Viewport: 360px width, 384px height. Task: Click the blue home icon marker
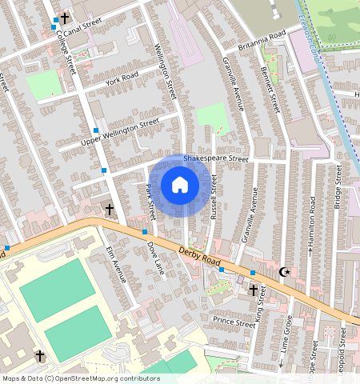click(x=179, y=186)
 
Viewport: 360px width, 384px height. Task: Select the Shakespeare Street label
click(x=216, y=159)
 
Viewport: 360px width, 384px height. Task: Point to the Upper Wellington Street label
click(x=121, y=133)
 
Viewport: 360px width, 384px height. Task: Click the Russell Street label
click(x=214, y=195)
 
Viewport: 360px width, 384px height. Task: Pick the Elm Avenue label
click(x=117, y=265)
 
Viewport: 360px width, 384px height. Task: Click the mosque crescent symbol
click(x=284, y=272)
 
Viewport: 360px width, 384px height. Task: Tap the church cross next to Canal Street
click(x=63, y=18)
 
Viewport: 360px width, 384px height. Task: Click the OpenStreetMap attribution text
click(x=80, y=378)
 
